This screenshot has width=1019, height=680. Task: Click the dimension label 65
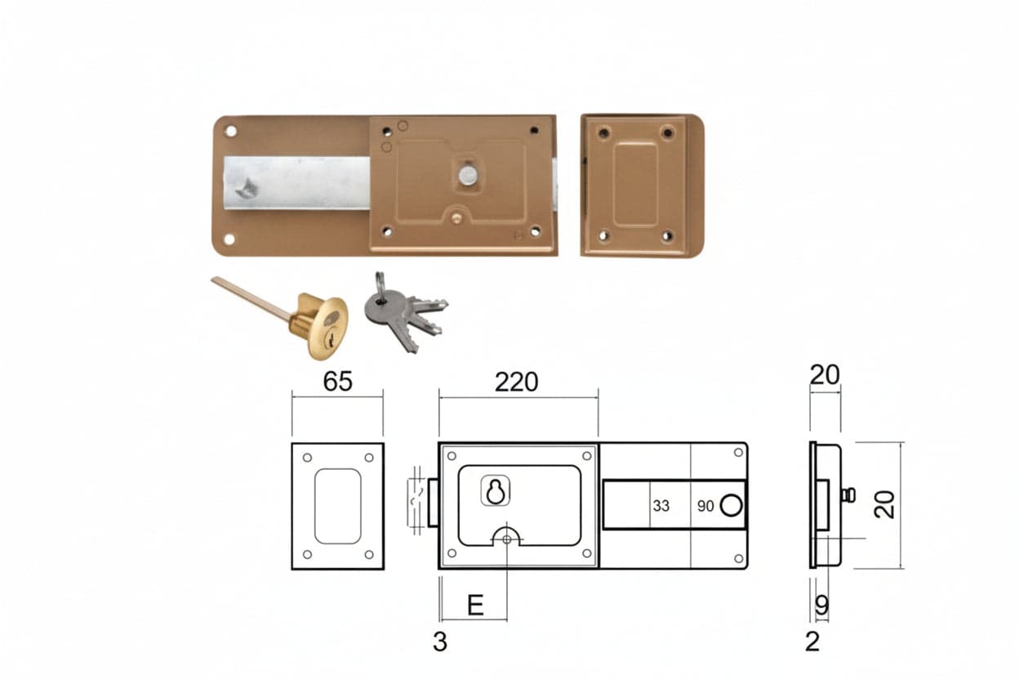tap(337, 381)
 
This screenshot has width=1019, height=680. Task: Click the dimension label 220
tap(516, 382)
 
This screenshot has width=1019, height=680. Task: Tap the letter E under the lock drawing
tap(476, 606)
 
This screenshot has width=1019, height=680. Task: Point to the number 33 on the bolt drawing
tap(661, 506)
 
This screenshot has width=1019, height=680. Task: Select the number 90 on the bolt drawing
tap(705, 506)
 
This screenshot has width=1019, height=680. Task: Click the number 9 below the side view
tap(821, 605)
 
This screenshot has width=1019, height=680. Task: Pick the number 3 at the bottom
tap(440, 642)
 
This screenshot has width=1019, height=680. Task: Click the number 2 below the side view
tap(812, 642)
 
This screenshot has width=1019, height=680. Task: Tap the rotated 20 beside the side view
tap(884, 504)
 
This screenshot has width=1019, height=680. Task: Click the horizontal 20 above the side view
tap(825, 375)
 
